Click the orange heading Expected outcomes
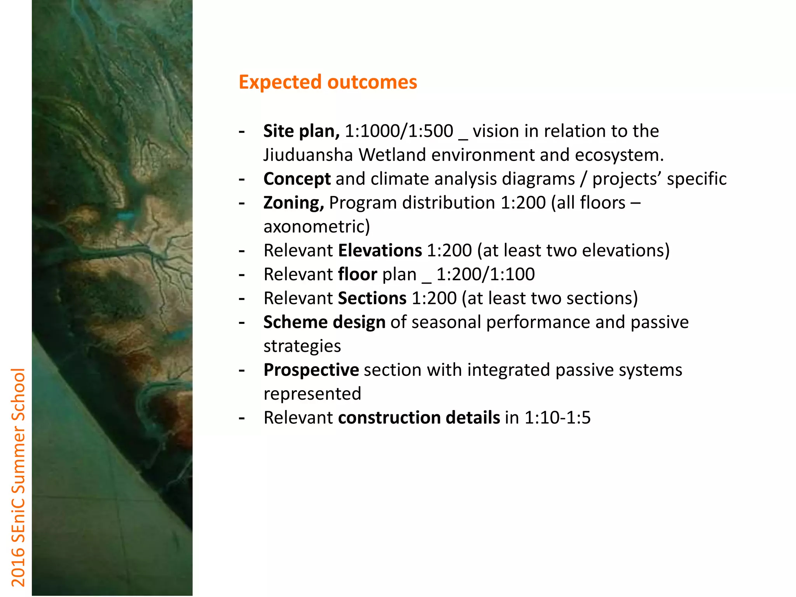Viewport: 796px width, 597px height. point(328,82)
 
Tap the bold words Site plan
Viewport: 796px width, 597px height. point(301,131)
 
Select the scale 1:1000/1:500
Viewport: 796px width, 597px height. point(399,131)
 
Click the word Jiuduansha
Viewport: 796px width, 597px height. point(308,155)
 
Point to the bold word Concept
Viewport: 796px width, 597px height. point(297,179)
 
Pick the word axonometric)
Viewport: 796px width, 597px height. point(316,227)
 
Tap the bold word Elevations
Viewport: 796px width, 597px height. point(380,250)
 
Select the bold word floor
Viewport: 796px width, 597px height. point(358,274)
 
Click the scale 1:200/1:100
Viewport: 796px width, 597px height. point(485,274)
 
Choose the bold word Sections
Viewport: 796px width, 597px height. point(372,298)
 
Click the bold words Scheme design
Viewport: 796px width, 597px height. point(324,322)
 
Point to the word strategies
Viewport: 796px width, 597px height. point(302,346)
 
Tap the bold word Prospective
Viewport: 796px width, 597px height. point(311,370)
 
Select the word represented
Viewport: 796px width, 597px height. point(312,394)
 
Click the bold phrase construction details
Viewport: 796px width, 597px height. point(419,417)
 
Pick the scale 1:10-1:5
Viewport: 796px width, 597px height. point(557,417)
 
